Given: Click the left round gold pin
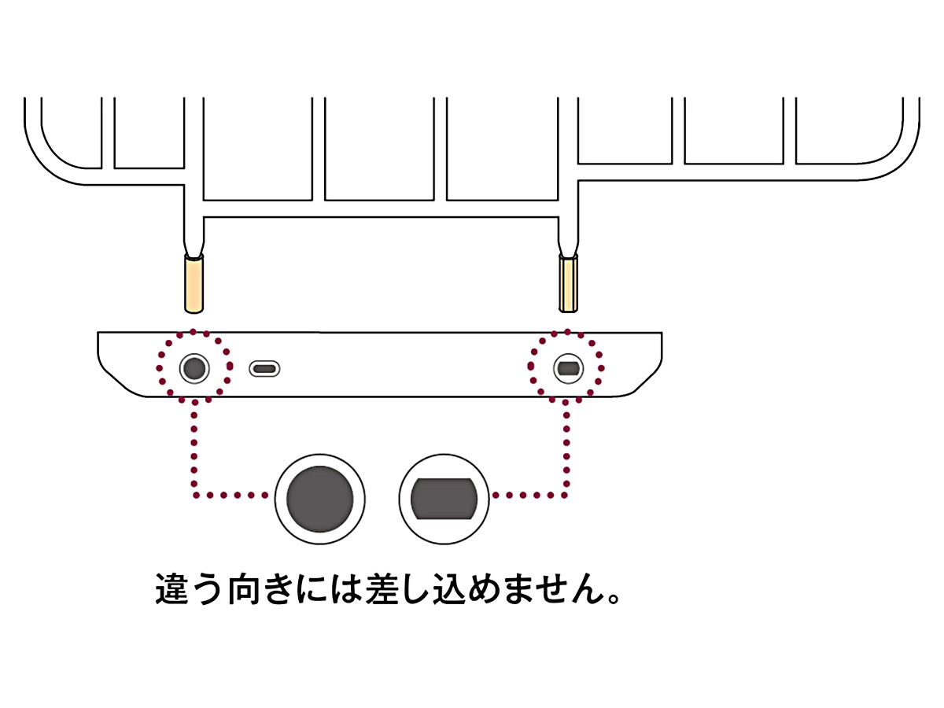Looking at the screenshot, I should pos(194,283).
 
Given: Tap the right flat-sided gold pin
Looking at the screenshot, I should pos(568,283).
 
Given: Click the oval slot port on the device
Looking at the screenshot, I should pos(265,368).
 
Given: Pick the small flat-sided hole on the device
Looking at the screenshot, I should pos(567,367).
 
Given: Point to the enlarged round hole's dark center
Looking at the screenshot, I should pos(319,498).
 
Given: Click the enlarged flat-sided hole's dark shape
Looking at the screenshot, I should pos(444,499).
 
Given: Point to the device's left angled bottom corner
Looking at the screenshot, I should pos(118,383).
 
